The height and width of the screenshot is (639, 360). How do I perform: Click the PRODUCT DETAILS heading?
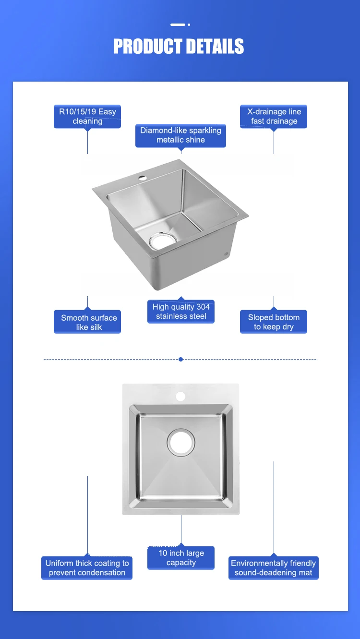pyautogui.click(x=179, y=47)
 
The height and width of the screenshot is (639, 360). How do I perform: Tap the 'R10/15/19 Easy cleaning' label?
pyautogui.click(x=87, y=117)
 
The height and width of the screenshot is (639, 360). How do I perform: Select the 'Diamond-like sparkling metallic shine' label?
pyautogui.click(x=180, y=135)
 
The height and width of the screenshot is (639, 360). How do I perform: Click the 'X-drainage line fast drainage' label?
pyautogui.click(x=274, y=117)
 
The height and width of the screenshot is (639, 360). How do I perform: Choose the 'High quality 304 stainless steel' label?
pyautogui.click(x=181, y=312)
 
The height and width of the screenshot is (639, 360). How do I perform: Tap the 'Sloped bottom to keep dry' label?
pyautogui.click(x=274, y=322)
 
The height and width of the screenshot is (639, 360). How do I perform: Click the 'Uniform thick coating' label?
pyautogui.click(x=87, y=567)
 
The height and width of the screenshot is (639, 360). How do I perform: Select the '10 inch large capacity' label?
pyautogui.click(x=181, y=558)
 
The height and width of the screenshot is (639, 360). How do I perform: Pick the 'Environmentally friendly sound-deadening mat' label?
pyautogui.click(x=274, y=567)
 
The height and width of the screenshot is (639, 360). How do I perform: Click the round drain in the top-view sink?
pyautogui.click(x=181, y=441)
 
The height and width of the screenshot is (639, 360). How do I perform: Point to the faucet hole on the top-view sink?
pyautogui.click(x=180, y=397)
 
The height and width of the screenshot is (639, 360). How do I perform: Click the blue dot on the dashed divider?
pyautogui.click(x=180, y=359)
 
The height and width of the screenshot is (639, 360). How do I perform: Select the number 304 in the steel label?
pyautogui.click(x=203, y=307)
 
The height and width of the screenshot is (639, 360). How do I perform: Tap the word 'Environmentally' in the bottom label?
pyautogui.click(x=259, y=563)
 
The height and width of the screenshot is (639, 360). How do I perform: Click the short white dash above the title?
pyautogui.click(x=178, y=24)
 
